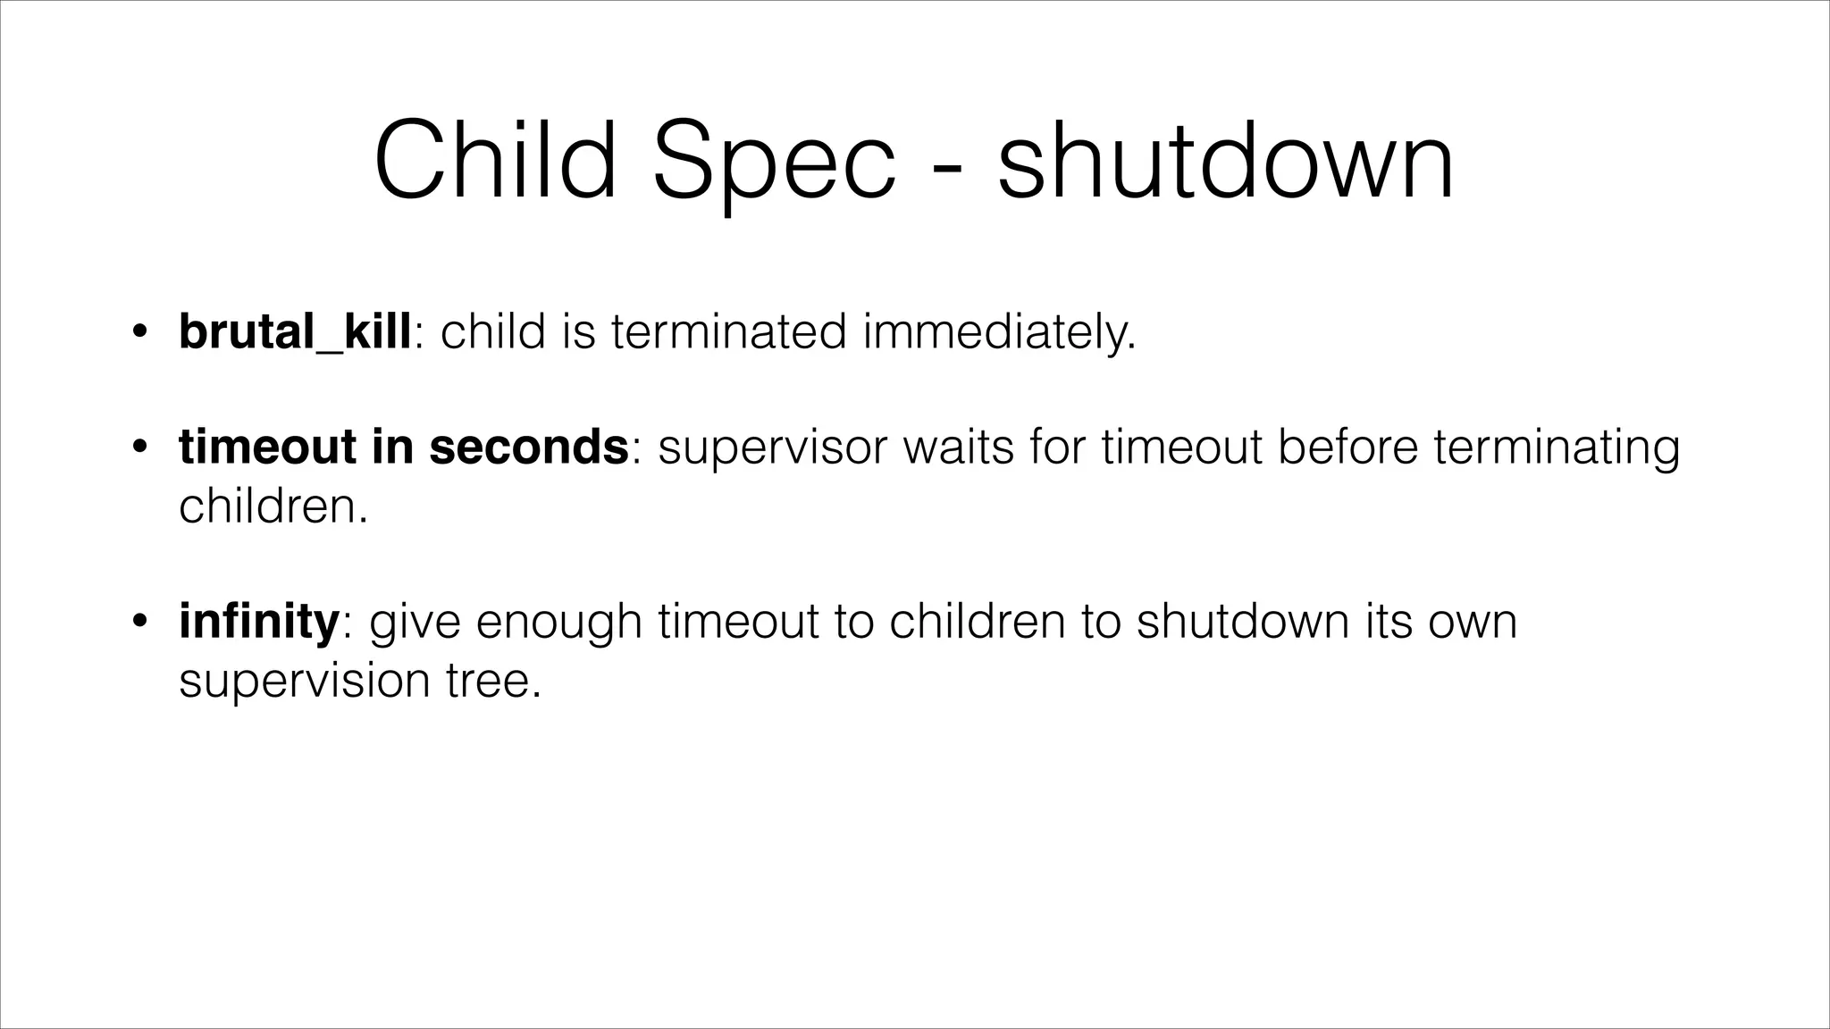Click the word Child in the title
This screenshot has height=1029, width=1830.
[495, 162]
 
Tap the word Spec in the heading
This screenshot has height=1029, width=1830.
[774, 162]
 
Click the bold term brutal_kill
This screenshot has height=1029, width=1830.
[295, 332]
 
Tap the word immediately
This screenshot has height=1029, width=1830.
[999, 332]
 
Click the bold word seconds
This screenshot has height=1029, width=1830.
[529, 447]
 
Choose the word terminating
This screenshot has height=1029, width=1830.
[1557, 447]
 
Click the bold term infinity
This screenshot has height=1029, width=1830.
[258, 621]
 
